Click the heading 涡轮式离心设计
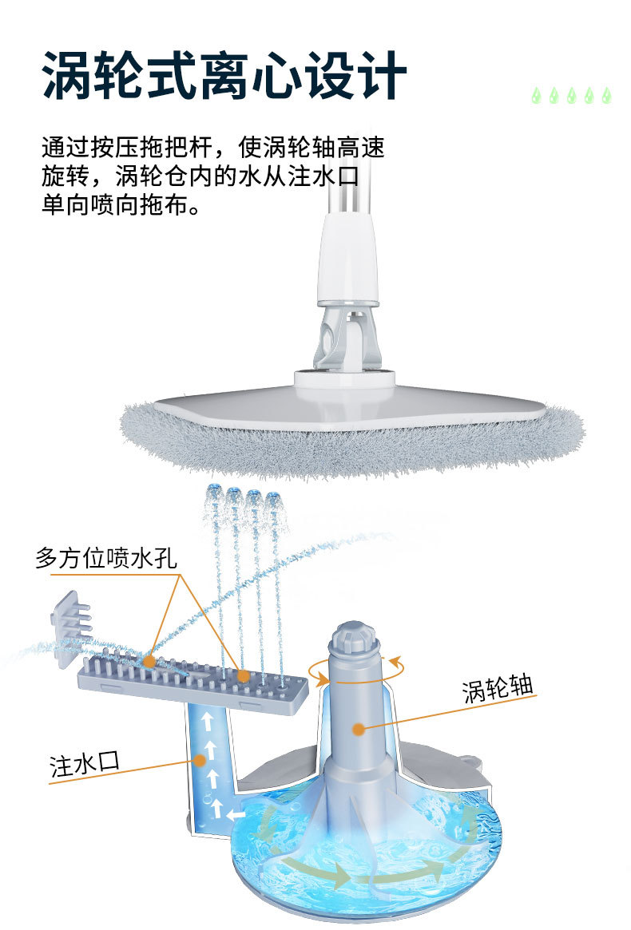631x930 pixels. pos(224,76)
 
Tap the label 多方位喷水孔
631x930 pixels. pos(105,557)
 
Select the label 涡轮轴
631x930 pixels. pos(497,688)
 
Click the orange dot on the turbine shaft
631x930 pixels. pos(359,728)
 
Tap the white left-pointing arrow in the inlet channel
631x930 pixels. pos(236,815)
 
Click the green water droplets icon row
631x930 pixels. pos(572,96)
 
